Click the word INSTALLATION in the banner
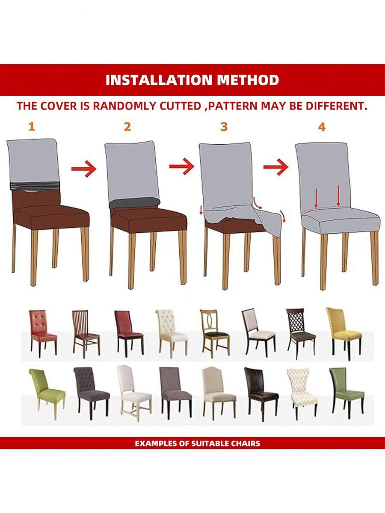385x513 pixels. (153, 80)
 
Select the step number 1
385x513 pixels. (31, 127)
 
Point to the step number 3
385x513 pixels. (224, 127)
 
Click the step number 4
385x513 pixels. (322, 127)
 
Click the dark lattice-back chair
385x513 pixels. (300, 331)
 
